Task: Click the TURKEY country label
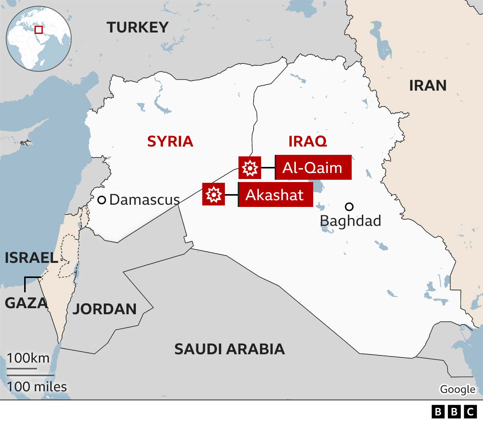pyautogui.click(x=137, y=28)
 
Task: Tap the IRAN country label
pyautogui.click(x=428, y=86)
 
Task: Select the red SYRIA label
pyautogui.click(x=170, y=142)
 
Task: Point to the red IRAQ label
pyautogui.click(x=308, y=142)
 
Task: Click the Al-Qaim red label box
pyautogui.click(x=313, y=167)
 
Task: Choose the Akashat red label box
pyautogui.click(x=275, y=195)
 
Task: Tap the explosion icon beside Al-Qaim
pyautogui.click(x=250, y=168)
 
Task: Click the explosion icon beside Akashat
pyautogui.click(x=214, y=195)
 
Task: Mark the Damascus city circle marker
pyautogui.click(x=102, y=200)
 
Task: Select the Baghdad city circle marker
pyautogui.click(x=349, y=207)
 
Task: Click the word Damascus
pyautogui.click(x=145, y=200)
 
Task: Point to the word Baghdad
pyautogui.click(x=351, y=221)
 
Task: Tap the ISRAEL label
pyautogui.click(x=31, y=258)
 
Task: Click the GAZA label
pyautogui.click(x=26, y=303)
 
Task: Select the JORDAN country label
pyautogui.click(x=105, y=309)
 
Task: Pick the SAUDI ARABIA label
pyautogui.click(x=229, y=349)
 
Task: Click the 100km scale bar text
pyautogui.click(x=28, y=358)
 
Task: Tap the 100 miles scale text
pyautogui.click(x=37, y=387)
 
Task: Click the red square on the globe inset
pyautogui.click(x=38, y=29)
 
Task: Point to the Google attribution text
pyautogui.click(x=458, y=389)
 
